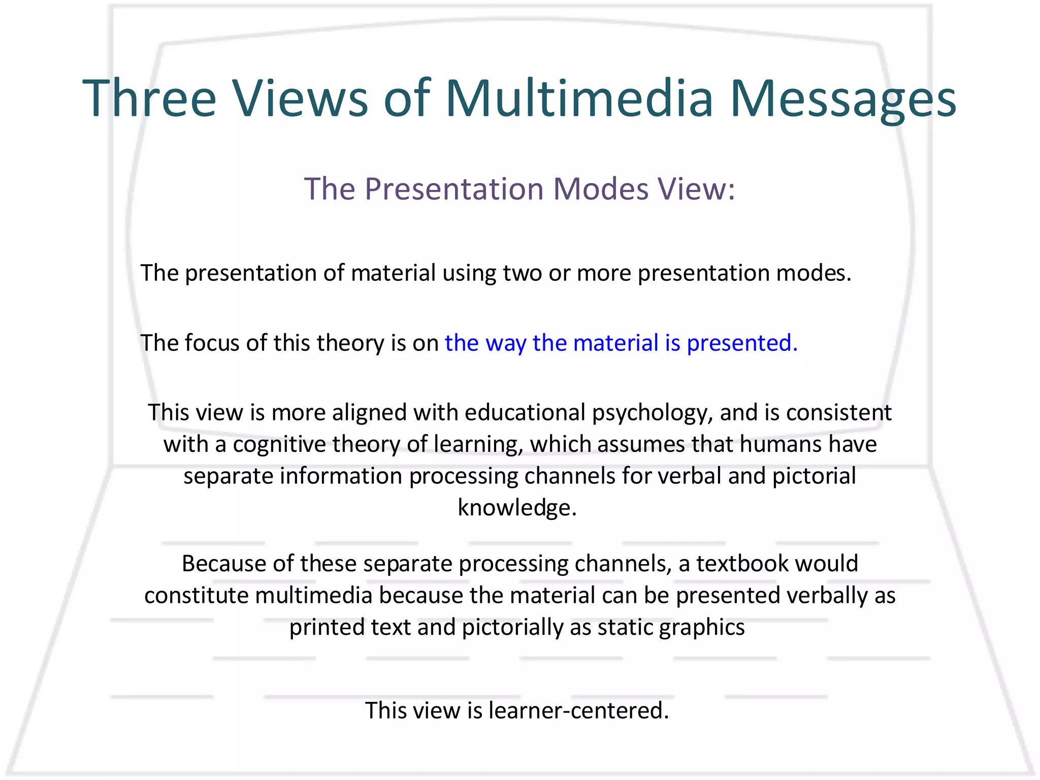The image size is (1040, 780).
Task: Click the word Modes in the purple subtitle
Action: [601, 189]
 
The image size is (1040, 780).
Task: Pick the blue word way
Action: [505, 343]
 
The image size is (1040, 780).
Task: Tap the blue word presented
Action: [742, 343]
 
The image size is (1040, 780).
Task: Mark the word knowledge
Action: [517, 508]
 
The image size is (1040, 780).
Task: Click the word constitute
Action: [197, 596]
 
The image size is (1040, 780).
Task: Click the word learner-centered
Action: [578, 710]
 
